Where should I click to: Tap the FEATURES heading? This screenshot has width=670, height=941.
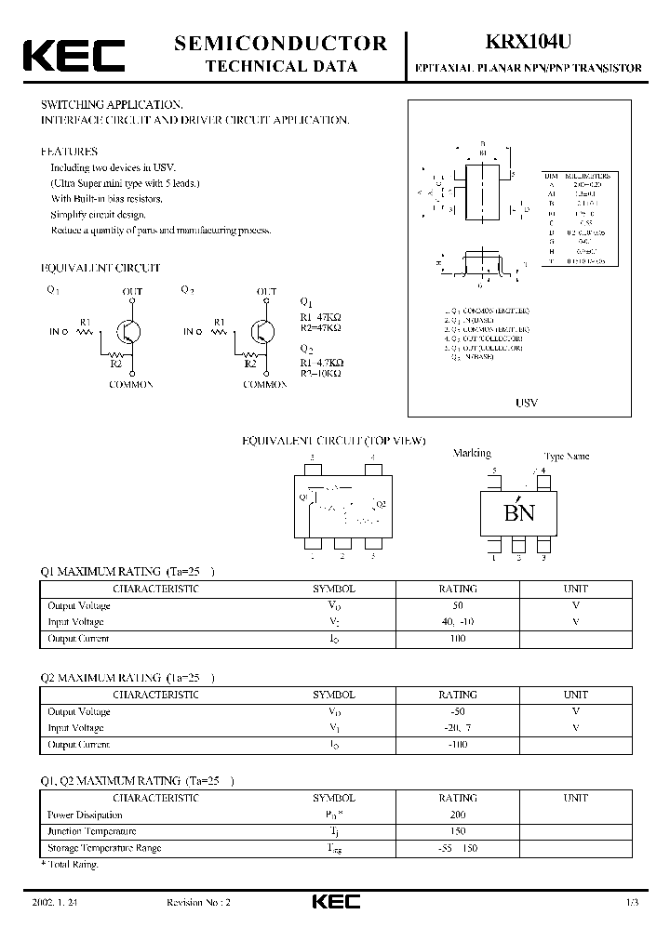coord(69,151)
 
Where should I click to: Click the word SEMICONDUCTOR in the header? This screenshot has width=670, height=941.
coord(281,43)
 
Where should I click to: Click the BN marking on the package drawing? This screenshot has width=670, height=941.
coord(518,512)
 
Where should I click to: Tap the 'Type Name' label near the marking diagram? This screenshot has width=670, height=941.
coord(566,457)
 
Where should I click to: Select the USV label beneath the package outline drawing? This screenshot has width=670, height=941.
coord(527,404)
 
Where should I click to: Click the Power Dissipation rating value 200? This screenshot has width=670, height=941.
coord(457,815)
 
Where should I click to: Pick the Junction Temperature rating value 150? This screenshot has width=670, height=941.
coord(457,831)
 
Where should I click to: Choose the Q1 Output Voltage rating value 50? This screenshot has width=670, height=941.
coord(457,605)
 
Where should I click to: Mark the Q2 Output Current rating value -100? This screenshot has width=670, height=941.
coord(457,745)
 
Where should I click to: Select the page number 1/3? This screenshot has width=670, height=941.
coord(633,903)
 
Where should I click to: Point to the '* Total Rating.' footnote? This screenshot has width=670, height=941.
coord(70,865)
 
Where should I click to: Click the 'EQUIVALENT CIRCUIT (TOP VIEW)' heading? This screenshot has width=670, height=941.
coord(333,441)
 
